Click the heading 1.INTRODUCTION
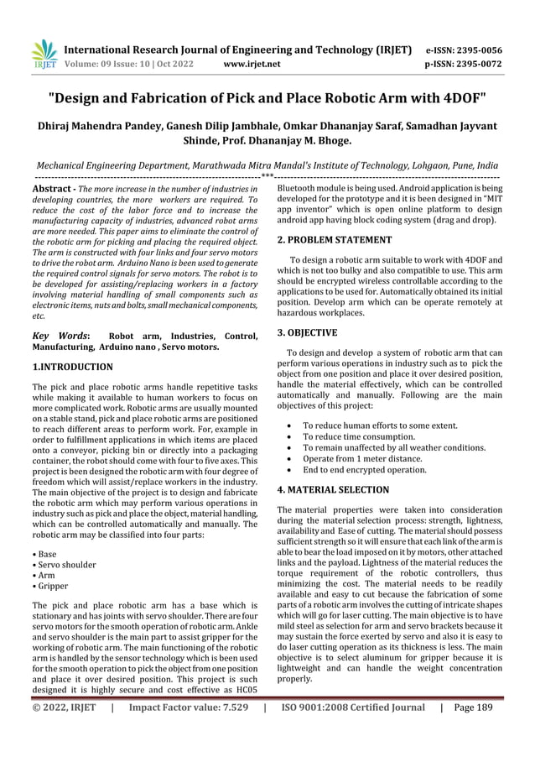click(71, 367)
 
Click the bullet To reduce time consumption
click(358, 437)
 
